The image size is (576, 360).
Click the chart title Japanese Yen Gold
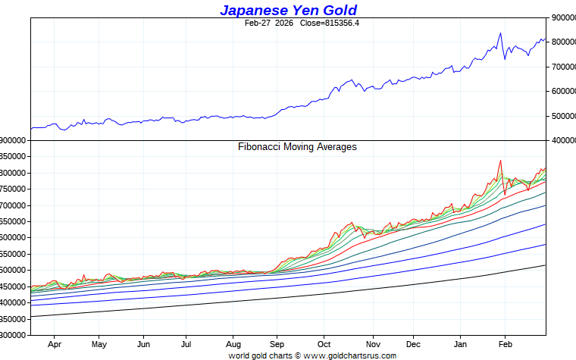[288, 10]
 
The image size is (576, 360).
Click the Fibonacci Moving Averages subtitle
[297, 147]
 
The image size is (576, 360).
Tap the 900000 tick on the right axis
[562, 17]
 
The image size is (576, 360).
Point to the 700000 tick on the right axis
[562, 67]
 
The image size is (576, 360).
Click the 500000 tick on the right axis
[562, 116]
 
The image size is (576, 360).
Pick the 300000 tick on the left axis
[14, 335]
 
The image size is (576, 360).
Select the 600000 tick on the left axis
[14, 238]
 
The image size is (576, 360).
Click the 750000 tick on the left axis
[14, 189]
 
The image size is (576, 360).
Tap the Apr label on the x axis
[55, 343]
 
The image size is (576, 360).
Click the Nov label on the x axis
[372, 343]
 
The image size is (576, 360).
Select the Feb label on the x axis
[505, 343]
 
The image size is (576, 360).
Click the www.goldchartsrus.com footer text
[349, 355]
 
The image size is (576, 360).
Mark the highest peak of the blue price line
[500, 33]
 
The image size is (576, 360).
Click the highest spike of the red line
[500, 161]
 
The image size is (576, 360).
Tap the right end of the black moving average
[545, 265]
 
